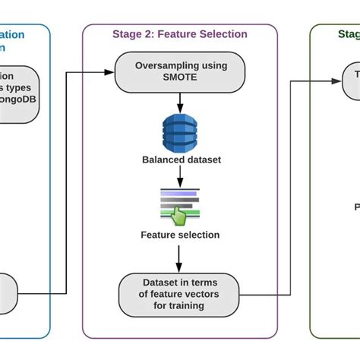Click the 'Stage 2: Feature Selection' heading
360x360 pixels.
click(180, 34)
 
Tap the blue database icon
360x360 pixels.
click(180, 131)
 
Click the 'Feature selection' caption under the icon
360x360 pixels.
click(180, 235)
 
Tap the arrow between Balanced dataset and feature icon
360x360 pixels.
click(180, 175)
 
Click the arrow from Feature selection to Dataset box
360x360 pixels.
click(180, 258)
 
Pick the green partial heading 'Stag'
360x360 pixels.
click(348, 34)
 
